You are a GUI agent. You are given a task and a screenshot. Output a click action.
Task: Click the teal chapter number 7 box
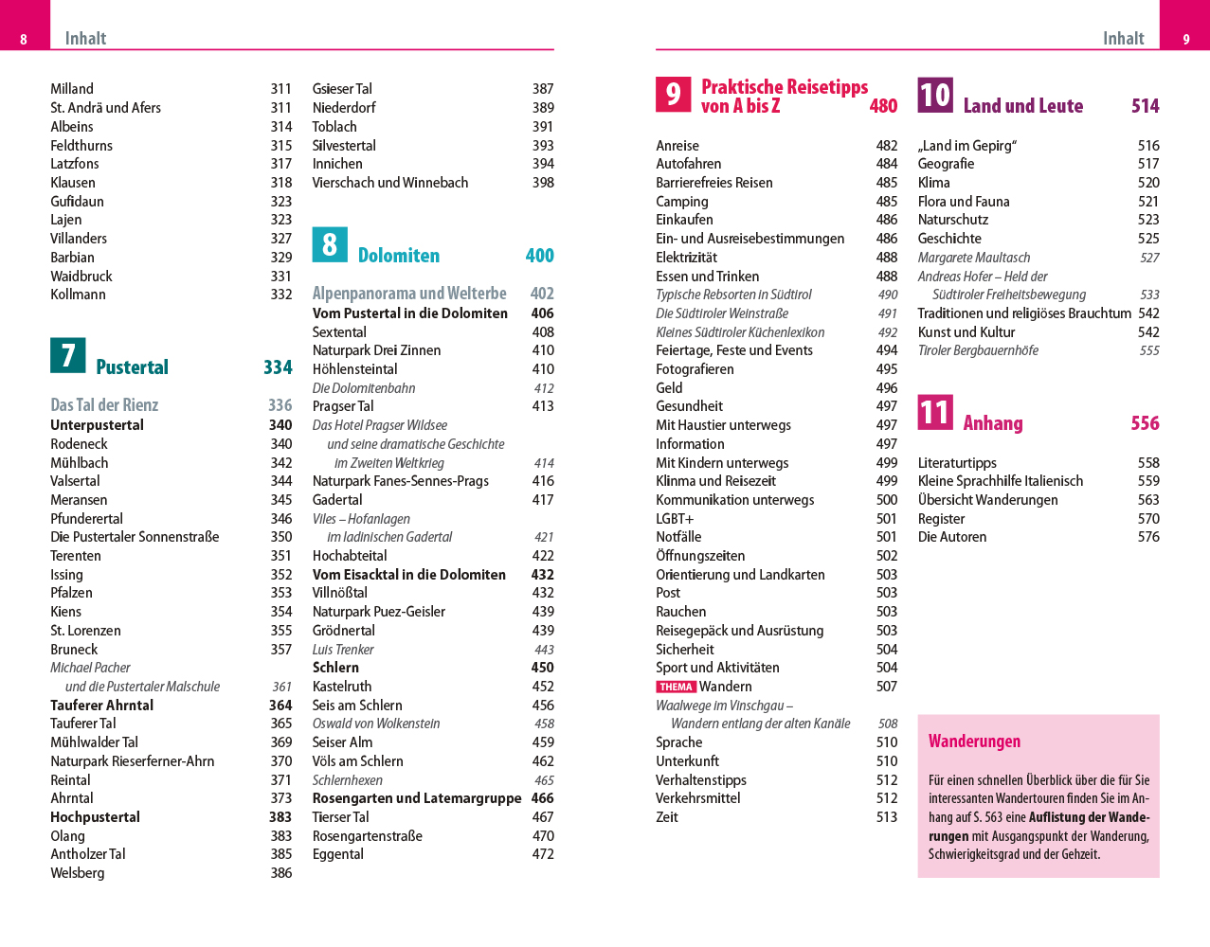(x=68, y=356)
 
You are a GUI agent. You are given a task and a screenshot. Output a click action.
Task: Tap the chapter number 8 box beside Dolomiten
(x=330, y=244)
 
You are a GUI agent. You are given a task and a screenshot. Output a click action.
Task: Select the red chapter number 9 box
(x=673, y=95)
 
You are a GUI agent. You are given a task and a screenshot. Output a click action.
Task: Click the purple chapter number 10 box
(x=935, y=95)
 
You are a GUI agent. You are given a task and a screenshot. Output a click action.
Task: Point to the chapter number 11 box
(x=935, y=412)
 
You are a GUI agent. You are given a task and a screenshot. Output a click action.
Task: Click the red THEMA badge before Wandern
(x=677, y=687)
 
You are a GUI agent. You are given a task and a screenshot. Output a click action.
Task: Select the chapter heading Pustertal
(x=132, y=367)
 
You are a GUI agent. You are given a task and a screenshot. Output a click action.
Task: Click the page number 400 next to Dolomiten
(x=539, y=256)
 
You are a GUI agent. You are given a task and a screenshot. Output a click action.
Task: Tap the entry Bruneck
(x=74, y=650)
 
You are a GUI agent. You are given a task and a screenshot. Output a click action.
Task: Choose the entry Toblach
(x=334, y=127)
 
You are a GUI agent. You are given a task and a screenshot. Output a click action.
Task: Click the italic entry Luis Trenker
(x=343, y=650)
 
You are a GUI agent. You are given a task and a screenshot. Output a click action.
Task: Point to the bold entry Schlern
(x=335, y=668)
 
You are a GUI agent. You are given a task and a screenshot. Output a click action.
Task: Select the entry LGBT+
(x=675, y=519)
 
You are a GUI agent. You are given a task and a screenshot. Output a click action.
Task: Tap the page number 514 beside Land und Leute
(x=1145, y=106)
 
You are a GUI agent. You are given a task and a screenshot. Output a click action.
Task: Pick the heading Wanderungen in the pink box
(x=974, y=742)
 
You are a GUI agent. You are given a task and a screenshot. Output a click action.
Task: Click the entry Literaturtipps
(x=957, y=463)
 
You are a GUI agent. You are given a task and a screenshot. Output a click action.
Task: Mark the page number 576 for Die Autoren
(x=1148, y=537)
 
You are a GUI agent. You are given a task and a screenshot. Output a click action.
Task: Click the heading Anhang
(x=993, y=423)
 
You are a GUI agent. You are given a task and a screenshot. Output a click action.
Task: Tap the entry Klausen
(x=73, y=183)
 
